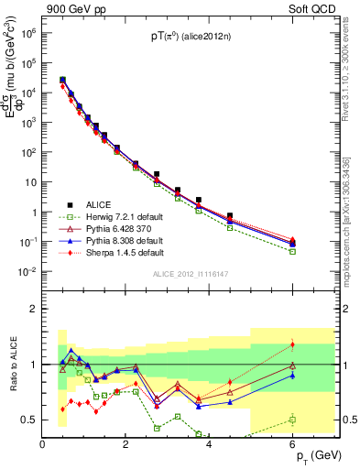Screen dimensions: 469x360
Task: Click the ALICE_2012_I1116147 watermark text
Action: [191, 274]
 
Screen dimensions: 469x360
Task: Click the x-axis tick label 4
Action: [210, 444]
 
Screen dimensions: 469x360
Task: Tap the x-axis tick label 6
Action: [293, 444]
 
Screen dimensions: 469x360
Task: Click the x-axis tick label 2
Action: [125, 444]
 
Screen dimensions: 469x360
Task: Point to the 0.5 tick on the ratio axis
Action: [29, 420]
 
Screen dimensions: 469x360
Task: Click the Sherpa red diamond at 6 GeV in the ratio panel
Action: [292, 344]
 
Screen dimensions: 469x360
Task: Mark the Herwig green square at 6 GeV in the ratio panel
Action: [292, 420]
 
